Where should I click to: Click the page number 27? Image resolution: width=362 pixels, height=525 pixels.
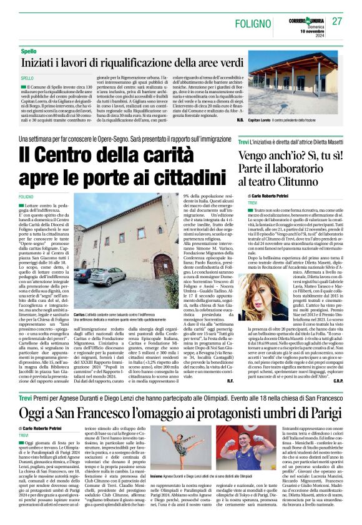(337, 22)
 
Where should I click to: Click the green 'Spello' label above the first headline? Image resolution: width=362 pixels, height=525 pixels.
(29, 51)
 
